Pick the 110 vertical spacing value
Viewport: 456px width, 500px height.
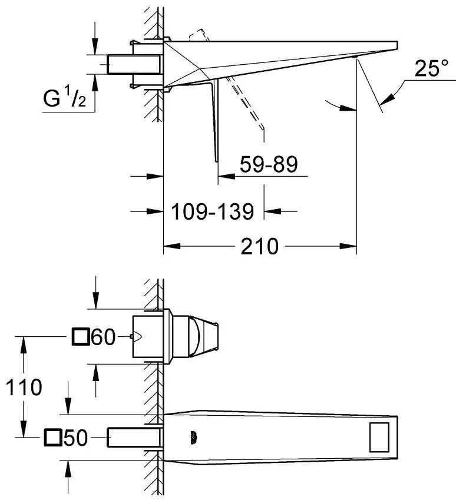click(21, 388)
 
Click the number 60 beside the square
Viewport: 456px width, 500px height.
click(103, 337)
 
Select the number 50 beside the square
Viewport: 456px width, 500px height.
click(75, 438)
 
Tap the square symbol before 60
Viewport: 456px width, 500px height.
click(80, 337)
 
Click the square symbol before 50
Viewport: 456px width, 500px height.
click(52, 438)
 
